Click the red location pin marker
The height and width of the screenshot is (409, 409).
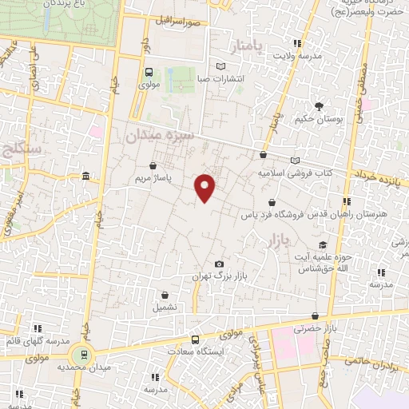coord(206,187)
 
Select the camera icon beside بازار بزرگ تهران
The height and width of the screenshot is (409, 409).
coord(220,264)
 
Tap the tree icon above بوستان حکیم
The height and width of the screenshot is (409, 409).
coord(320,106)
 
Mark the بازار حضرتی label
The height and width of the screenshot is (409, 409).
coord(313,328)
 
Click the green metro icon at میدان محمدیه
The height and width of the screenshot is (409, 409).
coord(81,354)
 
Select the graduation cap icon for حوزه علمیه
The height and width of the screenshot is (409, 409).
coord(323,244)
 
